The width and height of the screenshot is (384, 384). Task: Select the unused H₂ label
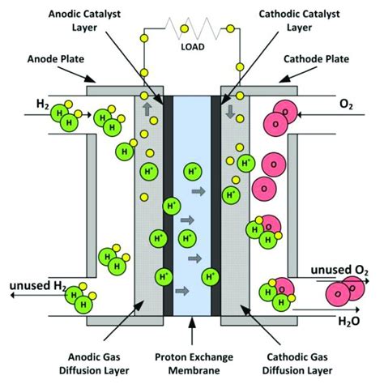(x=38, y=285)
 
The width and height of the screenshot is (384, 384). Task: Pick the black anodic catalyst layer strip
(x=168, y=203)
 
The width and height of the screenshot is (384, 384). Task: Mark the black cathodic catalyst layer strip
(x=217, y=203)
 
